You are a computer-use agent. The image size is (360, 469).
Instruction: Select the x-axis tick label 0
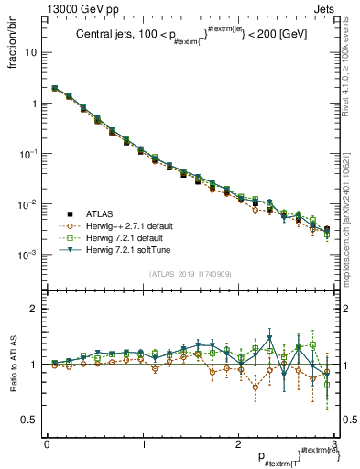coord(47,443)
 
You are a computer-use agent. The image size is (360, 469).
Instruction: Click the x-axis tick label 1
coord(143,443)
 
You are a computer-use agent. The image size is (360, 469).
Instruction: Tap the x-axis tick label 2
coord(239,443)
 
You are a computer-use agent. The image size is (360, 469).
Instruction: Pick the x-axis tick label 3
coord(334,443)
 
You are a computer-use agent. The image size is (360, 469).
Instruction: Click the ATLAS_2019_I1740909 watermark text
coord(190,274)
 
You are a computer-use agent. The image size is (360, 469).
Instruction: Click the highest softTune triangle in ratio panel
coord(269,337)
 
